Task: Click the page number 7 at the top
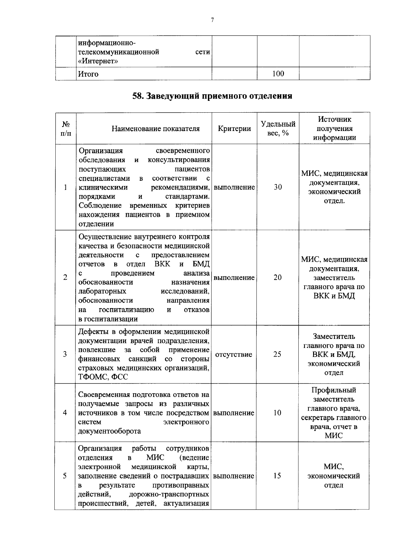[212, 20]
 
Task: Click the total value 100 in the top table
[278, 74]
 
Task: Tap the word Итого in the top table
[88, 74]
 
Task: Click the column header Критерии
[234, 129]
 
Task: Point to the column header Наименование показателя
[156, 129]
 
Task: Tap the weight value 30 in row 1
[278, 187]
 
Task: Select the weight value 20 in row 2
[277, 278]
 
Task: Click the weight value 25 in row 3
[277, 354]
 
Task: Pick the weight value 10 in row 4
[277, 413]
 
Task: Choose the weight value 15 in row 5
[277, 476]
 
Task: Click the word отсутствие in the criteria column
[234, 355]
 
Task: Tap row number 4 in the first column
[65, 413]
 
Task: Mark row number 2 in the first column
[65, 278]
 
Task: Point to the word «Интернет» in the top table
[98, 61]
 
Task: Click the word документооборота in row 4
[110, 431]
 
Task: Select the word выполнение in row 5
[234, 476]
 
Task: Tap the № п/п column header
[65, 129]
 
